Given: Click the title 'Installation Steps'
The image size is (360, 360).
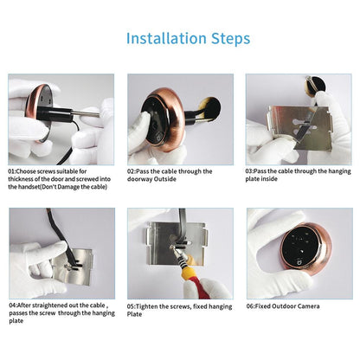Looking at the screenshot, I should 188,38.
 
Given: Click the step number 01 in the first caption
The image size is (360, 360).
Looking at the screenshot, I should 13,171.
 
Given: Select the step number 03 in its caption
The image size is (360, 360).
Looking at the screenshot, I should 250,171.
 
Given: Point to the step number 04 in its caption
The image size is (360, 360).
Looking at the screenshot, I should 13,305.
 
